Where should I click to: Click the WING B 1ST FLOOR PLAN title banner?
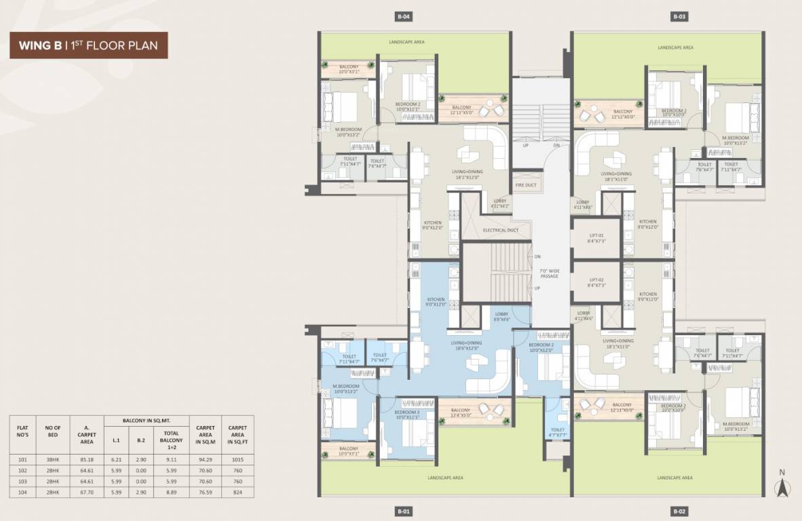pos(88,45)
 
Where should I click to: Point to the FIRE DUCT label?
pos(526,185)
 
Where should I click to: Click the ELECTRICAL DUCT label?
pos(501,231)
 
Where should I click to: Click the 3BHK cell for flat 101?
pos(53,459)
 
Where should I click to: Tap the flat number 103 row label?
pos(22,481)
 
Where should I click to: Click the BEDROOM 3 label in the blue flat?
pos(408,414)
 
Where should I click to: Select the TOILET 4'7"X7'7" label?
pos(558,432)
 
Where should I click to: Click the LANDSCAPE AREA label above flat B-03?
pos(675,47)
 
